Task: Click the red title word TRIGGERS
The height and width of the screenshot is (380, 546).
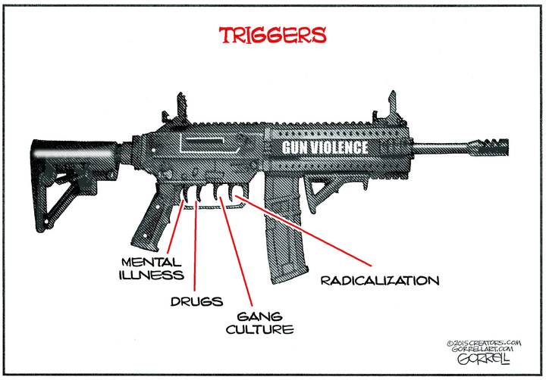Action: (x=272, y=35)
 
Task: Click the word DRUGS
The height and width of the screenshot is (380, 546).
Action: (x=196, y=301)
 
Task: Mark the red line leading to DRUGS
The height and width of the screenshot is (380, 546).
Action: (x=196, y=250)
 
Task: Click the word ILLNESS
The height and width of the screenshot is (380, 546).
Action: (x=152, y=274)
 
